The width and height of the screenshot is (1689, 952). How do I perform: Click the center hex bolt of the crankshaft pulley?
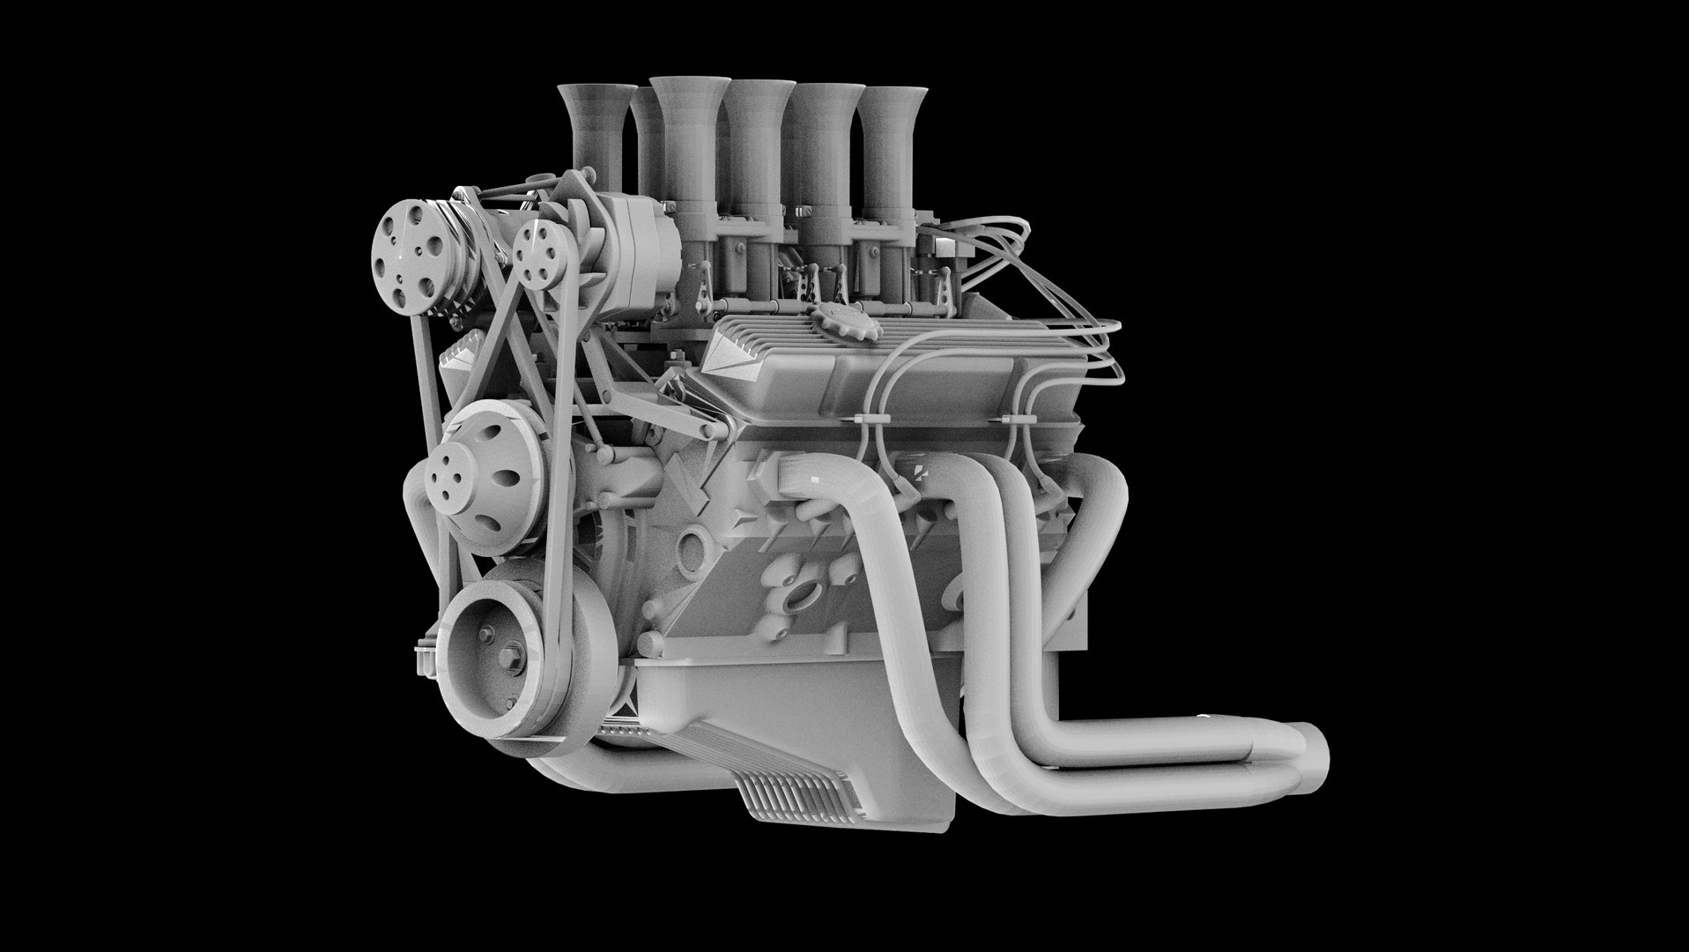click(x=487, y=633)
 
